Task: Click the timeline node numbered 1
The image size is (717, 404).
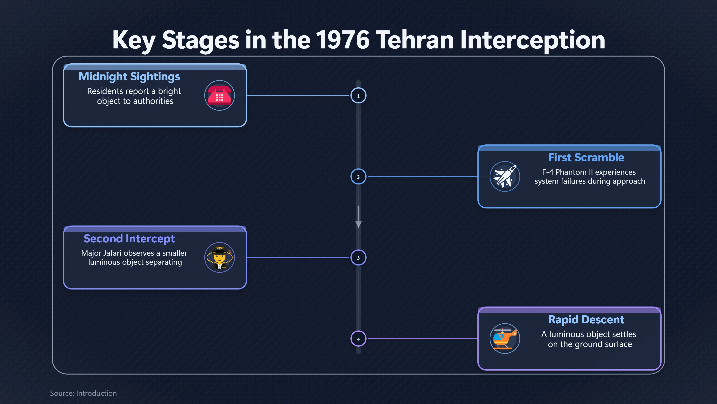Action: tap(358, 95)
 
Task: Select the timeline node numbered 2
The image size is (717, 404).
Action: tap(358, 177)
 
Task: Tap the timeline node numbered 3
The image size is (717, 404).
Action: tap(358, 258)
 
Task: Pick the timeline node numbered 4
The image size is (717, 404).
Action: tap(358, 339)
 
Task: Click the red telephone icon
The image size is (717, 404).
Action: tap(220, 95)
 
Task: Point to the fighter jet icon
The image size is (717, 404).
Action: tap(505, 177)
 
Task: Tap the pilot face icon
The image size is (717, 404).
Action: tap(220, 257)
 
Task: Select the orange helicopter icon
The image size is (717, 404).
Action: tap(505, 339)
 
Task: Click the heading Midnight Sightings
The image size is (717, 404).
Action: tap(129, 76)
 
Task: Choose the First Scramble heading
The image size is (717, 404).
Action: tap(586, 157)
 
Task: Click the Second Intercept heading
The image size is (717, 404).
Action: tap(129, 239)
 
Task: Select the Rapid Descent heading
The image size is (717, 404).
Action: tap(586, 319)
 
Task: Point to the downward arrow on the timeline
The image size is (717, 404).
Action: tap(358, 217)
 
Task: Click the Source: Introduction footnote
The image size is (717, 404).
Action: tap(83, 393)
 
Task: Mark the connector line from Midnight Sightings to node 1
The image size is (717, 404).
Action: tap(298, 95)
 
